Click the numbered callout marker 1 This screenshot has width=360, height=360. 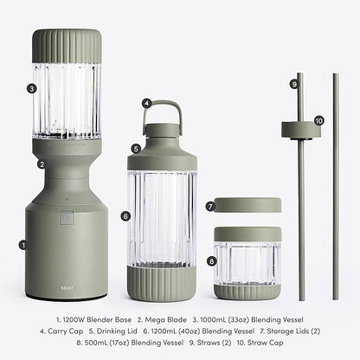(x=23, y=245)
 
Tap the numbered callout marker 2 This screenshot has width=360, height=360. (x=41, y=164)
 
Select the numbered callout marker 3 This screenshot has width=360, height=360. (x=31, y=87)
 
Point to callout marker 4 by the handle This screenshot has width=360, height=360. (x=147, y=104)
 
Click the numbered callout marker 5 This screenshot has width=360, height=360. (x=135, y=148)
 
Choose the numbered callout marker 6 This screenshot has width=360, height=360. (x=125, y=215)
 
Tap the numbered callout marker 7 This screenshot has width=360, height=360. (x=209, y=206)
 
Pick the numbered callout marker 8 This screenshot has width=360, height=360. (x=212, y=260)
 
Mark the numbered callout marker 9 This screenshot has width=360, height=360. (x=294, y=84)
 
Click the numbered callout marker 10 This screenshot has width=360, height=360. (x=318, y=121)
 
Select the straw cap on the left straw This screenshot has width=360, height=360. (x=301, y=130)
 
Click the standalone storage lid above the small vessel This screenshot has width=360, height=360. (x=248, y=205)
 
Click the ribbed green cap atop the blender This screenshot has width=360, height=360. (x=67, y=46)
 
